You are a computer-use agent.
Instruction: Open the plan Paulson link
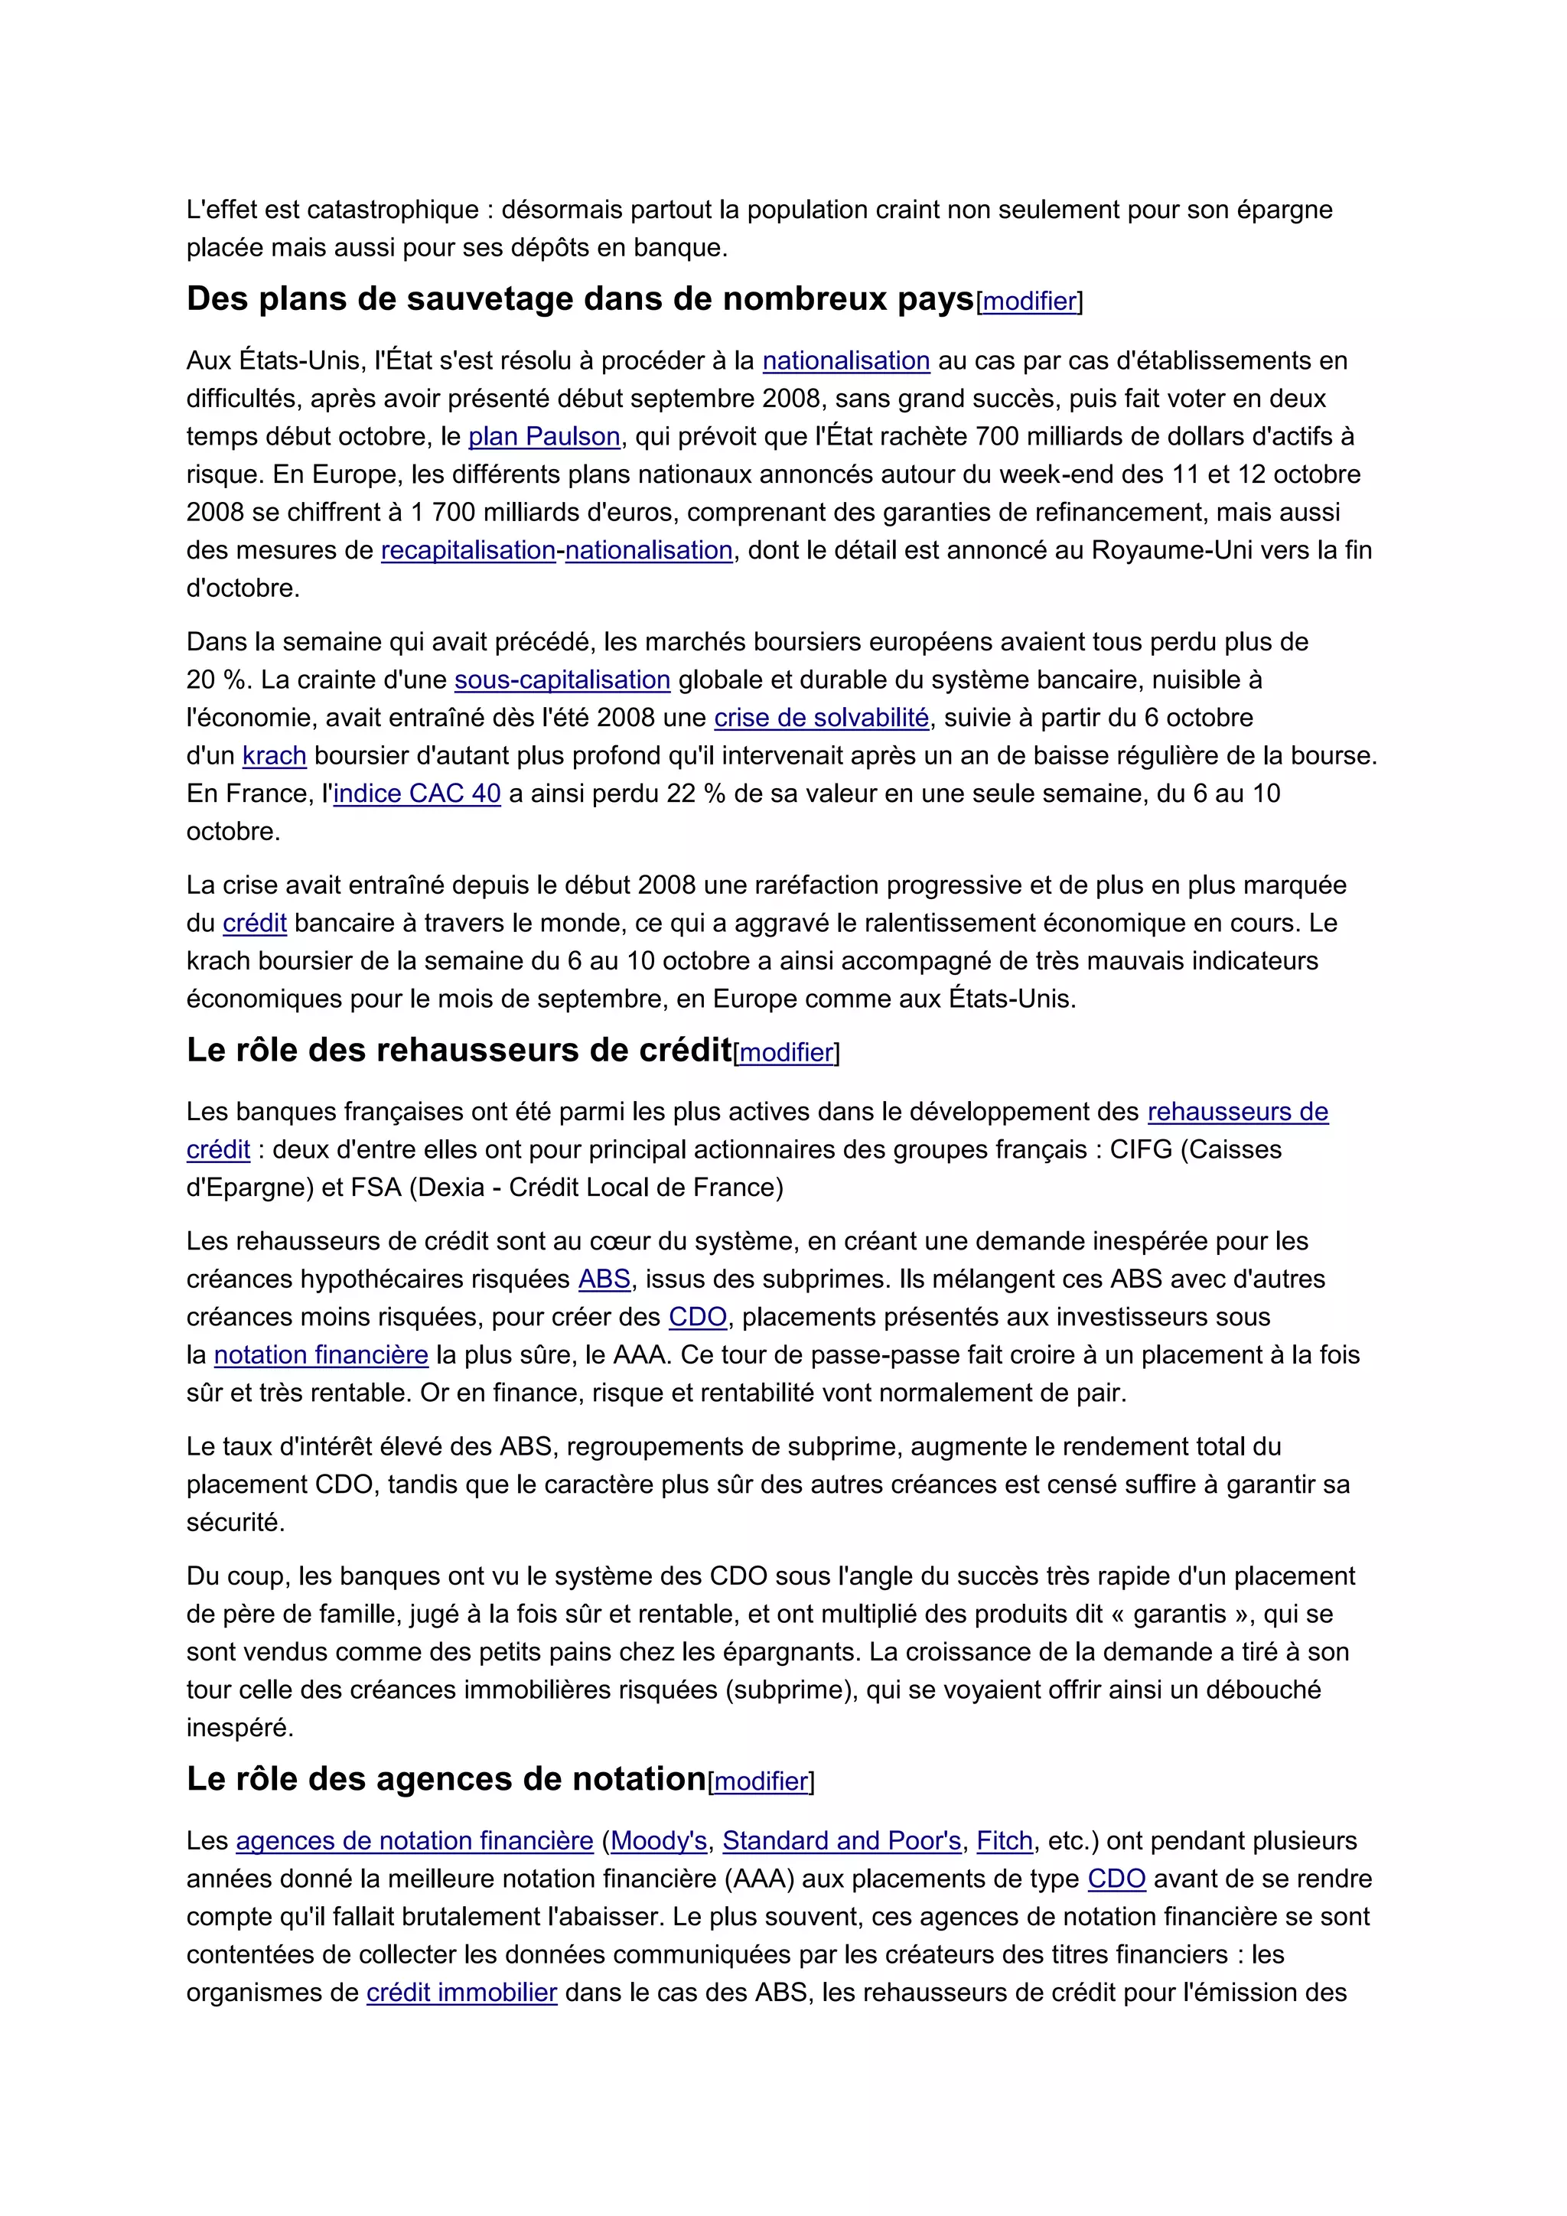pos(544,436)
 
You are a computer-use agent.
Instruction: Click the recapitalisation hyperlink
pos(468,550)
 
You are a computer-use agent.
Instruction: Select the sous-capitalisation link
pos(562,679)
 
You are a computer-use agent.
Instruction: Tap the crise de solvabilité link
pos(821,717)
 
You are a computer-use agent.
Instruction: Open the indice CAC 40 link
pos(417,794)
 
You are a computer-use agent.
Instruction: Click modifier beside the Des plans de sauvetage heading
pos(1030,301)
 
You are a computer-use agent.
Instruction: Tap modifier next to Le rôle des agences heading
pos(761,1781)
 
